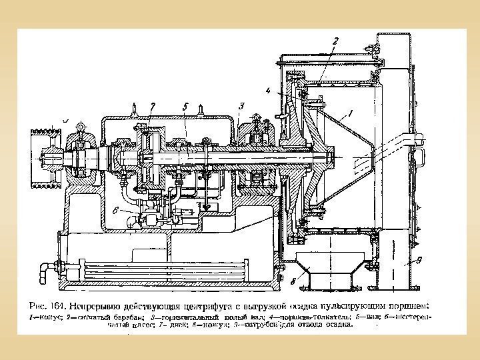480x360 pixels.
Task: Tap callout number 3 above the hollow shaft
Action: (241, 105)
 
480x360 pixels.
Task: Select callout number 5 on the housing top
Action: (184, 105)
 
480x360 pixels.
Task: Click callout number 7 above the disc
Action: (153, 105)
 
